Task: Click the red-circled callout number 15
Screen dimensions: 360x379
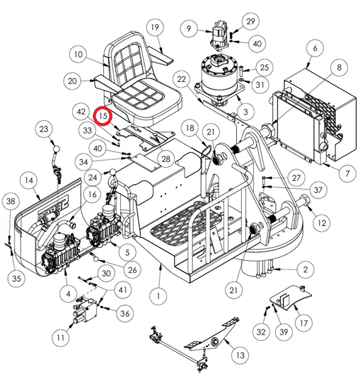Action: (x=103, y=116)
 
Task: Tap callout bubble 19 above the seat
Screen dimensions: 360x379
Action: (x=155, y=27)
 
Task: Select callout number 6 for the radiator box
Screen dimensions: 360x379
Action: (x=314, y=48)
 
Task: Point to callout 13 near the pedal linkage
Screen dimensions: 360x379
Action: (x=240, y=355)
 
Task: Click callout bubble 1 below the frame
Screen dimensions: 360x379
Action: (x=158, y=296)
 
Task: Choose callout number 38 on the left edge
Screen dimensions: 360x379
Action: (x=11, y=201)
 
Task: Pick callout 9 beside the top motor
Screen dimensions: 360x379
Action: (x=189, y=29)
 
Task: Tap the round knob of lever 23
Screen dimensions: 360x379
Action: (x=56, y=149)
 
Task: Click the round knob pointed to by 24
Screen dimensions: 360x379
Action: (x=113, y=173)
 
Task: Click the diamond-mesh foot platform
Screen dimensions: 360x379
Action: (x=186, y=221)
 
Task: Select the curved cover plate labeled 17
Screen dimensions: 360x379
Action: (x=290, y=297)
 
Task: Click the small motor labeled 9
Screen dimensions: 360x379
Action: (x=220, y=35)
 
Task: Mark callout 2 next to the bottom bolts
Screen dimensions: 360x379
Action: (x=305, y=269)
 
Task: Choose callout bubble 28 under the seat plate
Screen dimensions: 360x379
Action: (x=166, y=159)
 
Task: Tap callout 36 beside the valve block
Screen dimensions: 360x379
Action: (x=125, y=314)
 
